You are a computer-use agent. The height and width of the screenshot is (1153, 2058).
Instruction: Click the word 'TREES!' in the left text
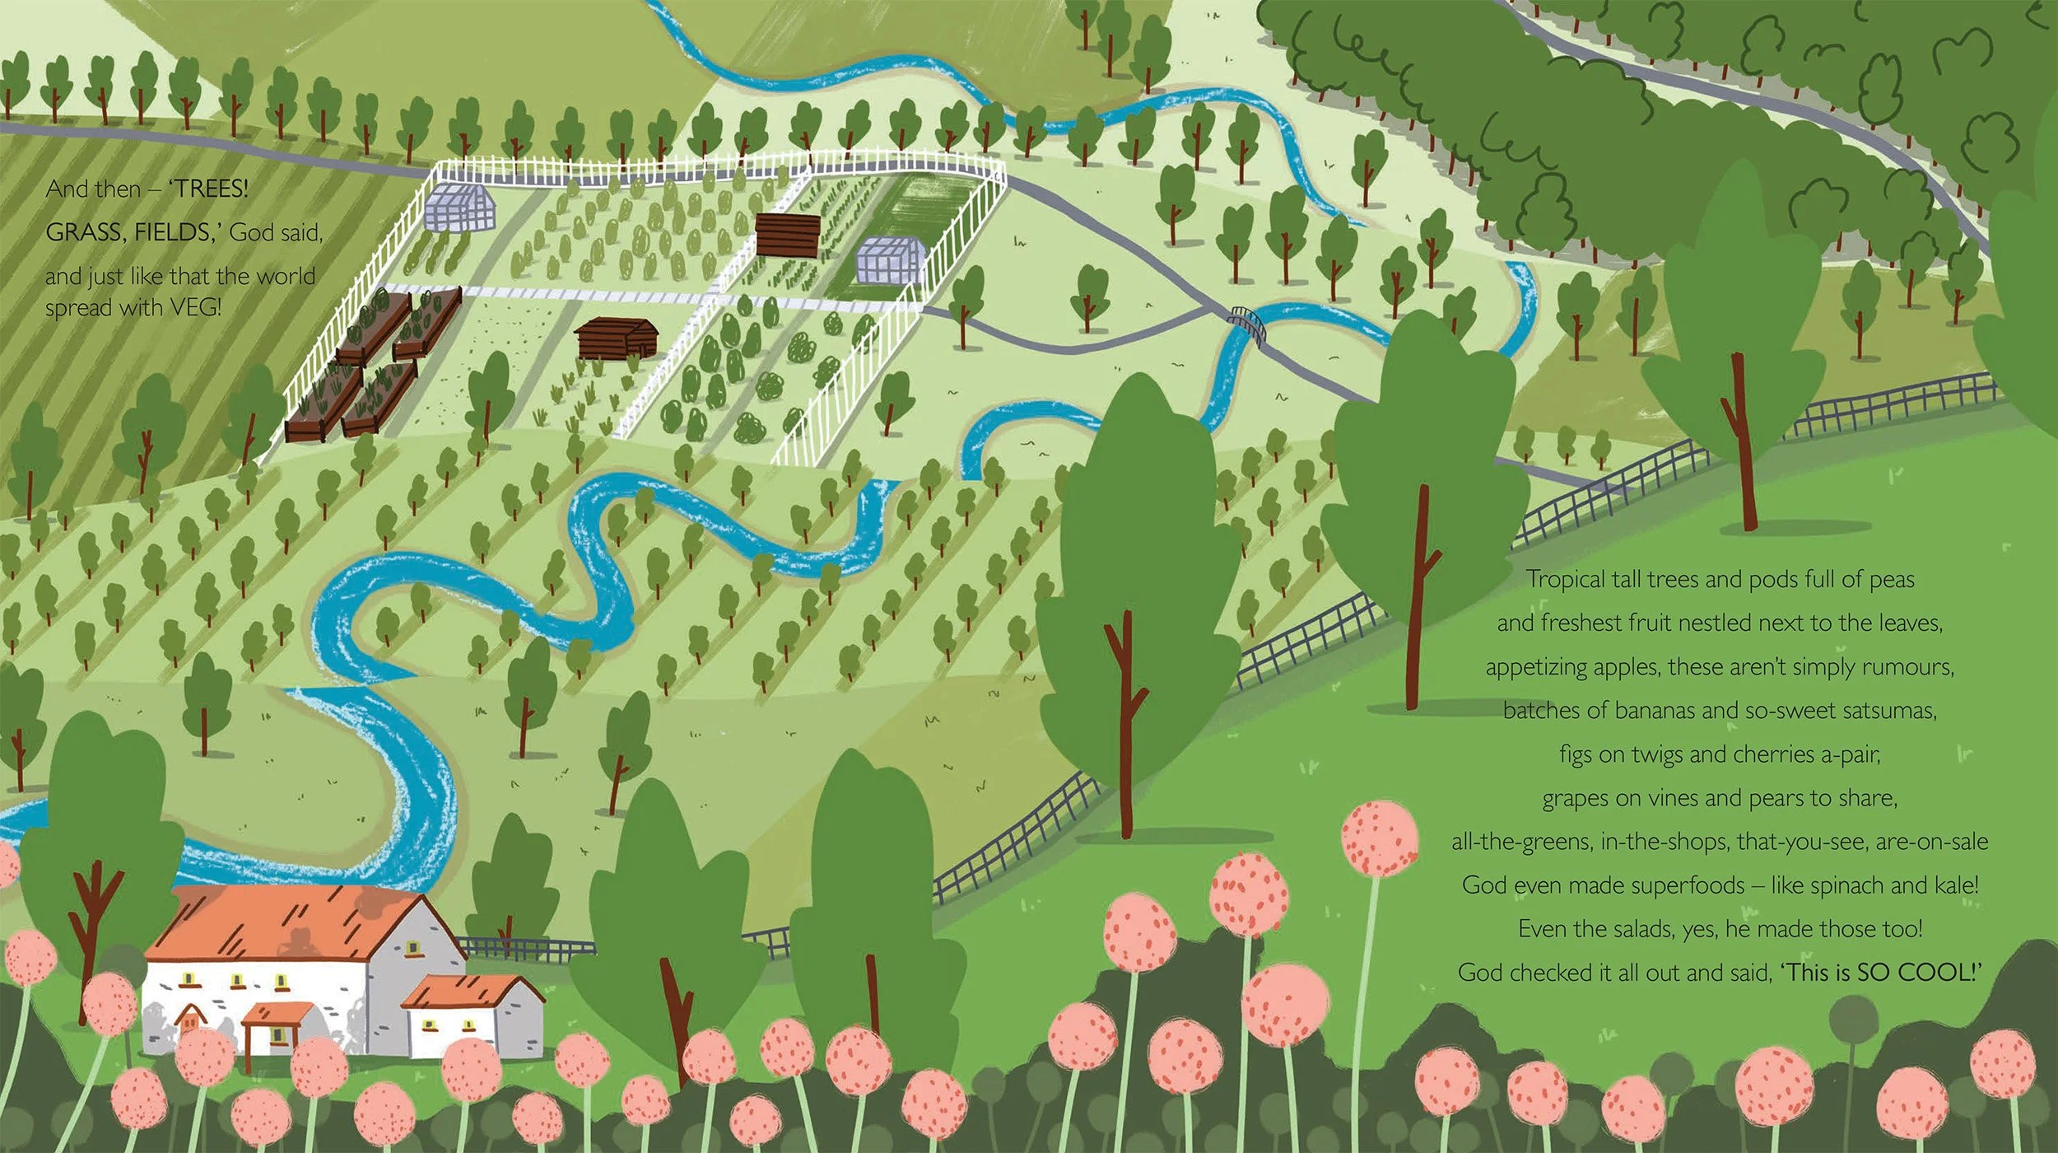click(209, 189)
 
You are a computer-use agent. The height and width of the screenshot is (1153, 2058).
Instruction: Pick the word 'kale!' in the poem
click(1950, 885)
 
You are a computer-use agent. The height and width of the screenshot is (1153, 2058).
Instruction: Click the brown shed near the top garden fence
click(788, 234)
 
